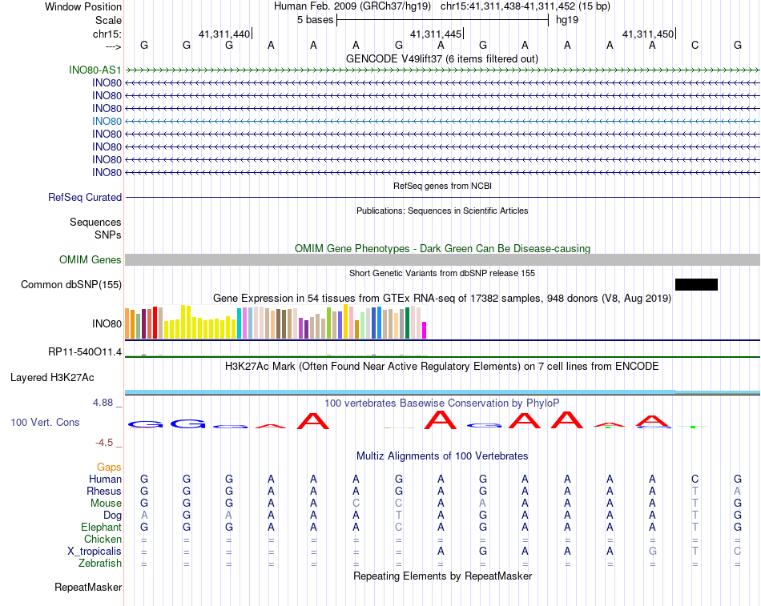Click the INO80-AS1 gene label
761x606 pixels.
pyautogui.click(x=95, y=70)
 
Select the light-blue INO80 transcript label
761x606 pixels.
pyautogui.click(x=107, y=121)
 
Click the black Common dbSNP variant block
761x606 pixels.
pyautogui.click(x=696, y=284)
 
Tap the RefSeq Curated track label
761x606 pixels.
pyautogui.click(x=85, y=197)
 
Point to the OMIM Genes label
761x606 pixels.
pyautogui.click(x=91, y=259)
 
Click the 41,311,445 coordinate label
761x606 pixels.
pyautogui.click(x=436, y=34)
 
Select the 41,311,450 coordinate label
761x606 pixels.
pyautogui.click(x=648, y=34)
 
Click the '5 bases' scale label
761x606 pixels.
pyautogui.click(x=315, y=19)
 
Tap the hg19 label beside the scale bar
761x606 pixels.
pyautogui.click(x=567, y=19)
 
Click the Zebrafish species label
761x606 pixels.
pyautogui.click(x=101, y=564)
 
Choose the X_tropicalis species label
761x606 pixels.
pyautogui.click(x=95, y=552)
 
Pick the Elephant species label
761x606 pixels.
pyautogui.click(x=101, y=528)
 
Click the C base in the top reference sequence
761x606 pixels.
pyautogui.click(x=695, y=45)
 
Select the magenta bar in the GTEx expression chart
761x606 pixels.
pyautogui.click(x=425, y=330)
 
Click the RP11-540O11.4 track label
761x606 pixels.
pyautogui.click(x=85, y=352)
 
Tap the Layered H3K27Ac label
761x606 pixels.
pyautogui.click(x=52, y=377)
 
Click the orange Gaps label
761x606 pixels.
pyautogui.click(x=109, y=467)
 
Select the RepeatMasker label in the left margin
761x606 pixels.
pyautogui.click(x=88, y=588)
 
